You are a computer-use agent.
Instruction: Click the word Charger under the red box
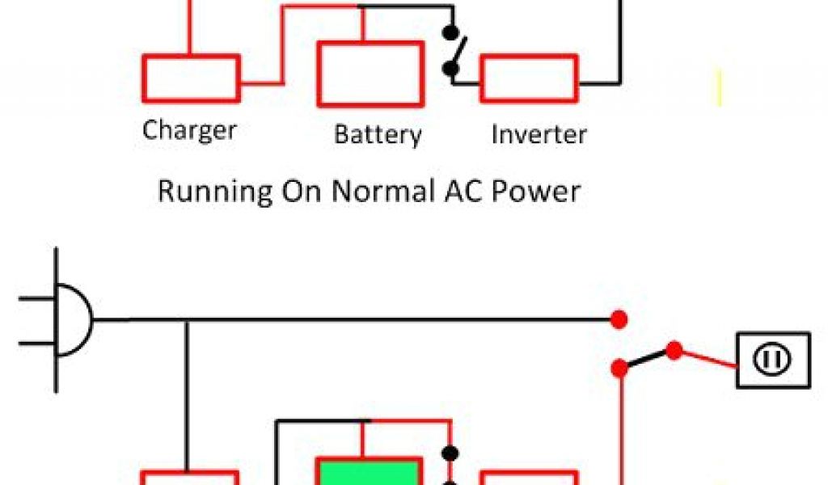[189, 129]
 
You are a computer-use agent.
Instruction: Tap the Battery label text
[378, 134]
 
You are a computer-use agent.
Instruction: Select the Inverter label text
[539, 133]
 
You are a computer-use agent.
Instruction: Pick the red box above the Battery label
[370, 74]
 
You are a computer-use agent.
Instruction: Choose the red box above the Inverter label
[530, 78]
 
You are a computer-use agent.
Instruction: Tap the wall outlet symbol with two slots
[772, 360]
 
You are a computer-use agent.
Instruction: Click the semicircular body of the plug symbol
[77, 320]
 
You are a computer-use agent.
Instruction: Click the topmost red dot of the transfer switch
[619, 319]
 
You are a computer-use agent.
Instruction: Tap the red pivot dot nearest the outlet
[674, 351]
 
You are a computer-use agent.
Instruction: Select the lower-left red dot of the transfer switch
[620, 369]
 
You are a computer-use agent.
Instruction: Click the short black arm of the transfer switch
[647, 360]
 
